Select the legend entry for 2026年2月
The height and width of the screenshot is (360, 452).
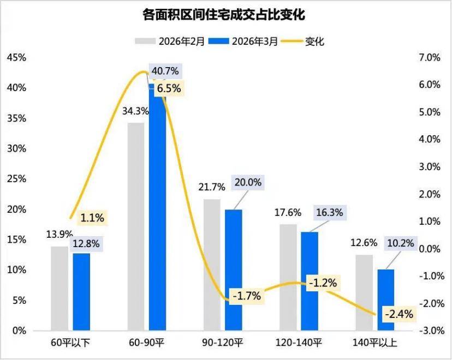(x=170, y=41)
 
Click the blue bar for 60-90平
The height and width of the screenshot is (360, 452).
(x=158, y=207)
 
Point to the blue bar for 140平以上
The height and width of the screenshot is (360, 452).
(x=385, y=299)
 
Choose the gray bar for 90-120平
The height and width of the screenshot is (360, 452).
(x=212, y=265)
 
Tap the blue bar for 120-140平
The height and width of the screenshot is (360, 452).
(x=310, y=281)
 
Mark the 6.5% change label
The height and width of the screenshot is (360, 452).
(x=169, y=88)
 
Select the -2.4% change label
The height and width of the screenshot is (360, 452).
(x=399, y=314)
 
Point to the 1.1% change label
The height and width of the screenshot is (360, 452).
(x=92, y=218)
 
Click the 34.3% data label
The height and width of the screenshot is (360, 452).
(x=133, y=112)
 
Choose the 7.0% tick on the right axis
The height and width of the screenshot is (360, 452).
(x=429, y=57)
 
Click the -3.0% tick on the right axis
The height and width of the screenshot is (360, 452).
(x=427, y=331)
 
